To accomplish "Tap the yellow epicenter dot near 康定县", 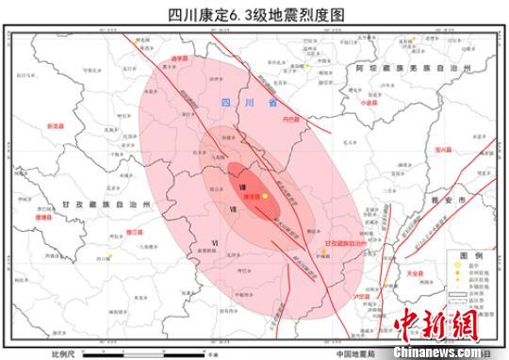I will (266, 196).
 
